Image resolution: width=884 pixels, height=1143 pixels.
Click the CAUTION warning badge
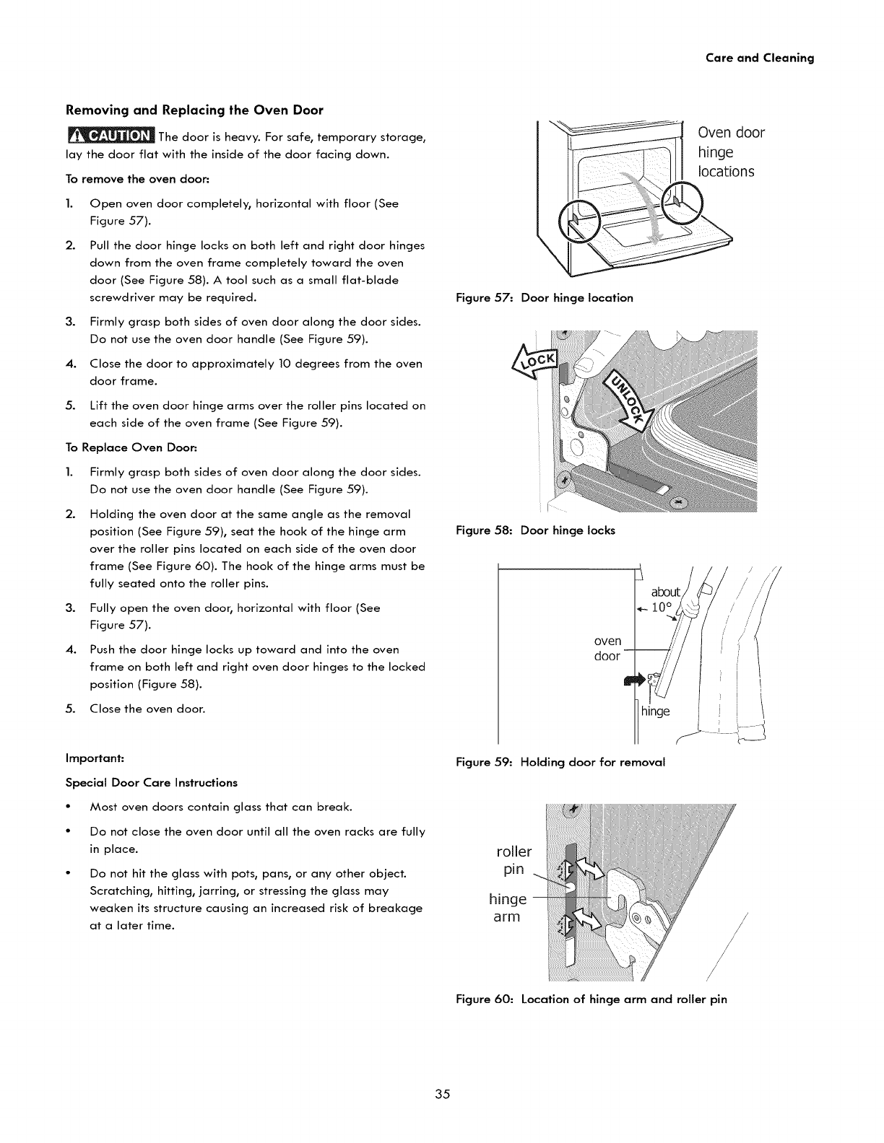(111, 136)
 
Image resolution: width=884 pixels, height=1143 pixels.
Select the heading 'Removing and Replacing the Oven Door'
(194, 110)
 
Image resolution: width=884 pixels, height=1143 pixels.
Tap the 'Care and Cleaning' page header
(759, 58)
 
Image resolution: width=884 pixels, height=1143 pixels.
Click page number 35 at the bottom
(442, 1095)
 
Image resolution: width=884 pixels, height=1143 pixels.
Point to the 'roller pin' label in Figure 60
(513, 860)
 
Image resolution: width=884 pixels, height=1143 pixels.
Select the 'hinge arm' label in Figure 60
(508, 908)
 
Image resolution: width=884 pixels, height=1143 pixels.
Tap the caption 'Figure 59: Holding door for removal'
(560, 762)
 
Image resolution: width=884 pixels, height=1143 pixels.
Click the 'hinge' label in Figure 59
(656, 711)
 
